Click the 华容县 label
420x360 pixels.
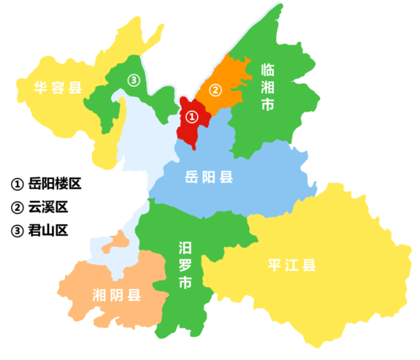50,85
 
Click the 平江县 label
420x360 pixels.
293,266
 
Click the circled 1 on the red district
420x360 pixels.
191,117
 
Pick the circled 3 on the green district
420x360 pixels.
134,80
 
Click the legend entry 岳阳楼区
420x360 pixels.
47,184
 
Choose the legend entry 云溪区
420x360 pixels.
41,207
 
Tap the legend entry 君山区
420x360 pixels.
41,230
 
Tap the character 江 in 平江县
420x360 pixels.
293,266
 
